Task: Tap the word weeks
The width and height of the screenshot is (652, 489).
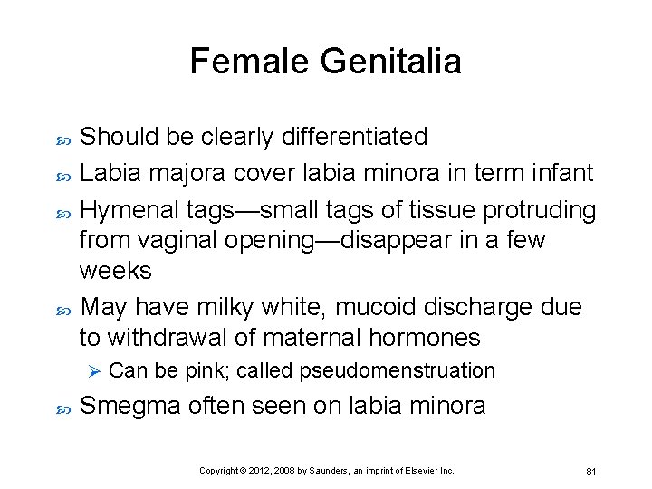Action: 116,271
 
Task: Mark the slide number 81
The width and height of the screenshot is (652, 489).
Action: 590,471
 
